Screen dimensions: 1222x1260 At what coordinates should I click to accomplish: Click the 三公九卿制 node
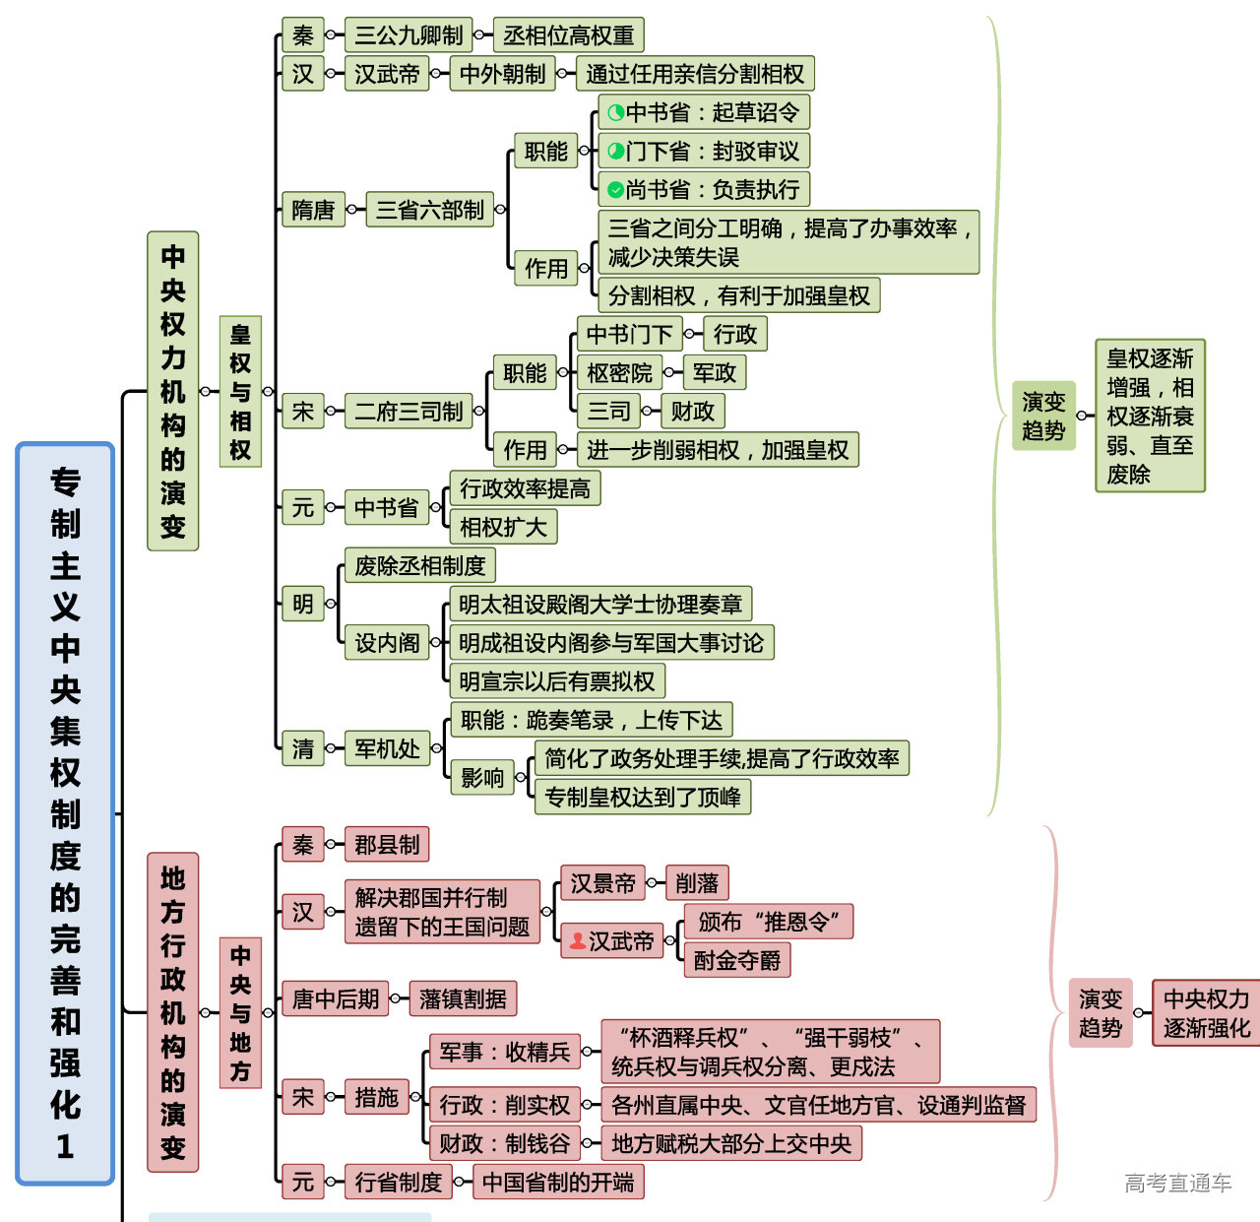point(409,35)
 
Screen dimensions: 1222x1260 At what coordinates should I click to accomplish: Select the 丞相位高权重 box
point(568,35)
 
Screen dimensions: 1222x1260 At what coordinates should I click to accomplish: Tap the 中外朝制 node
point(502,74)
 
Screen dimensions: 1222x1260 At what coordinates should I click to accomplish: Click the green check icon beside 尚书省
point(615,190)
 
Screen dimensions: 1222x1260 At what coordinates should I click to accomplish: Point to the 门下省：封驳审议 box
point(703,152)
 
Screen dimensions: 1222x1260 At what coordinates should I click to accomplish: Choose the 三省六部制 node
point(429,210)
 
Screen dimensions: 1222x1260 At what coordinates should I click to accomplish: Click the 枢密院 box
point(619,373)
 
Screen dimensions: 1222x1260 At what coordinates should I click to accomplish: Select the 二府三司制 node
point(409,412)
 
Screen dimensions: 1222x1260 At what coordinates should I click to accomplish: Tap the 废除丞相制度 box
point(419,566)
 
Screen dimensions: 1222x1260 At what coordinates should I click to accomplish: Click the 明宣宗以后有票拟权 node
point(556,681)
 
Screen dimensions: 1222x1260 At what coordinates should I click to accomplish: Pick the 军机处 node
point(387,749)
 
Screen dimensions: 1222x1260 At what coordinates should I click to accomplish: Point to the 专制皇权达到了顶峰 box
point(643,797)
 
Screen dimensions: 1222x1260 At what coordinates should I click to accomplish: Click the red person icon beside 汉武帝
point(578,941)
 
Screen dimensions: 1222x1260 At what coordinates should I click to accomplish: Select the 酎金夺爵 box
point(736,960)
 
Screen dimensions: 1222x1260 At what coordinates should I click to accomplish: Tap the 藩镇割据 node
point(463,999)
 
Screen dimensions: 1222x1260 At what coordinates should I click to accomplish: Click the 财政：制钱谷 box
point(504,1143)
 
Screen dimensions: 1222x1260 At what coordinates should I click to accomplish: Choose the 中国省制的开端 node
point(558,1182)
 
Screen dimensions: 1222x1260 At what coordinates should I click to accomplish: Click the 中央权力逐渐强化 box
point(1206,1013)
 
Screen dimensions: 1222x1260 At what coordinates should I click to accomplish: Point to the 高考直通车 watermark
point(1177,1183)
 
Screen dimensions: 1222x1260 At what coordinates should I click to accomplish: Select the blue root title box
point(65,813)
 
